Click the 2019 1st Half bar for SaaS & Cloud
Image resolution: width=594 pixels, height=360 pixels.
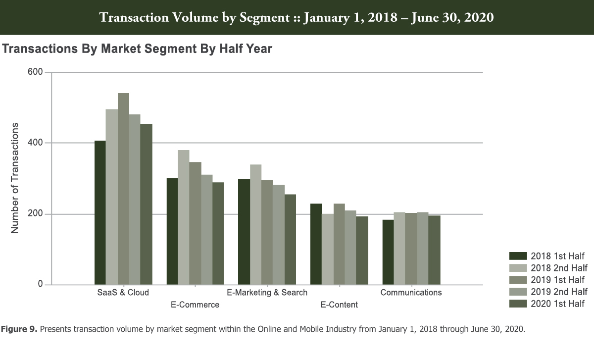coord(123,189)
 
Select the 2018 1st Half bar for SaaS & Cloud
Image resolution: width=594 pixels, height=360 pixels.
coord(100,212)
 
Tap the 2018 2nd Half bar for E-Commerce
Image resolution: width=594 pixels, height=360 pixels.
coord(184,217)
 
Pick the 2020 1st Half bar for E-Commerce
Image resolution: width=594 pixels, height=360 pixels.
coord(218,233)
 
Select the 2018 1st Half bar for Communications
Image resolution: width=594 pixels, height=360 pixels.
coord(388,252)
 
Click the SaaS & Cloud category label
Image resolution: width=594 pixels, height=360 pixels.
coord(123,292)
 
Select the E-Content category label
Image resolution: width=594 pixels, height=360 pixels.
coord(339,305)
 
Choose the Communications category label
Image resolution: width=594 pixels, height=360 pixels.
coord(411,292)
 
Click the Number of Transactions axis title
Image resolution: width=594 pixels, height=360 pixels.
coord(15,178)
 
